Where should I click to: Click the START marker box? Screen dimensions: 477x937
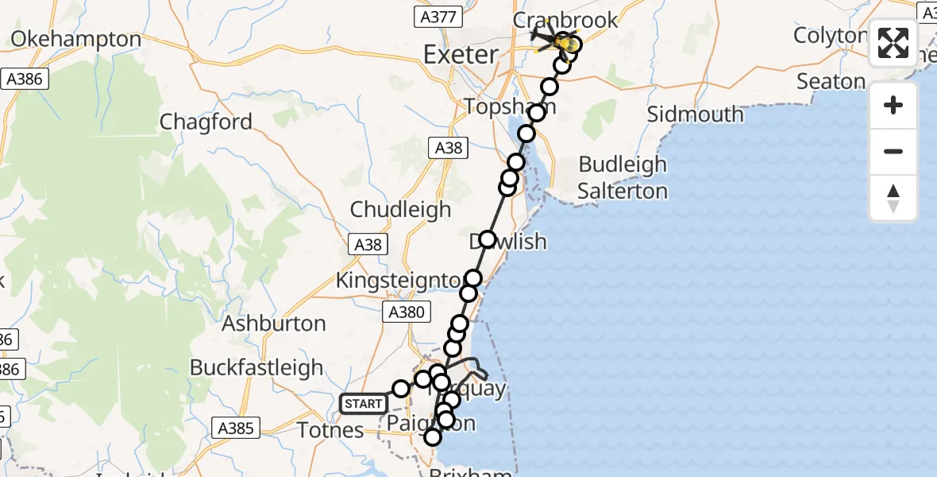pyautogui.click(x=364, y=404)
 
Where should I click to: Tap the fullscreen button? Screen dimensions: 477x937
pyautogui.click(x=893, y=43)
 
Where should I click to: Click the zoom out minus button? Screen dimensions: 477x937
pyautogui.click(x=893, y=151)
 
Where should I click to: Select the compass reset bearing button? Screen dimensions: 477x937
pyautogui.click(x=893, y=198)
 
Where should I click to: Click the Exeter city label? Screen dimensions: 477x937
pyautogui.click(x=461, y=55)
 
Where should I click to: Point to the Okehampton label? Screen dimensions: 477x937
pyautogui.click(x=76, y=38)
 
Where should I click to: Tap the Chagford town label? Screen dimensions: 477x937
pyautogui.click(x=206, y=122)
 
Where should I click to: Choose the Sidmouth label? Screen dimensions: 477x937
pyautogui.click(x=696, y=114)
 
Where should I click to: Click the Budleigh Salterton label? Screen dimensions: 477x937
pyautogui.click(x=623, y=178)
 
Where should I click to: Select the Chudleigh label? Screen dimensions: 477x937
pyautogui.click(x=400, y=210)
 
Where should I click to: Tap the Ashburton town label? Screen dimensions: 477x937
pyautogui.click(x=273, y=324)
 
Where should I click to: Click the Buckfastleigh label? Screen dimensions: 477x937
pyautogui.click(x=256, y=367)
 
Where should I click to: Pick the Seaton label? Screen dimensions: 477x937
pyautogui.click(x=831, y=81)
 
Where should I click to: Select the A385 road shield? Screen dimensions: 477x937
pyautogui.click(x=236, y=429)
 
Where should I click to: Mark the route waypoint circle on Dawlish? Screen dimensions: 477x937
pyautogui.click(x=487, y=239)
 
